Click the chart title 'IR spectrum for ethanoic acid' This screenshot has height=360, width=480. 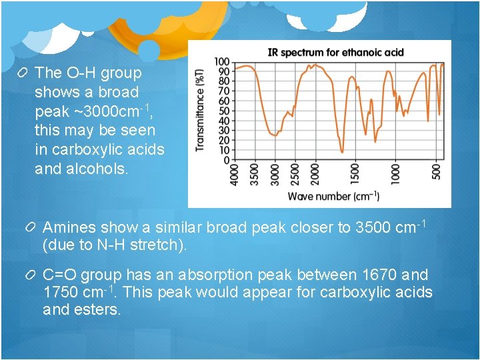click(335, 52)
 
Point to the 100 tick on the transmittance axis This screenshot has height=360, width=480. click(222, 62)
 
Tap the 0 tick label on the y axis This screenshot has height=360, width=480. click(227, 160)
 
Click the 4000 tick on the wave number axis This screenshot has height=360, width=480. click(235, 175)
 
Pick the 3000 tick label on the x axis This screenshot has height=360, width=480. click(275, 175)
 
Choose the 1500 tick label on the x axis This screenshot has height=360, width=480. click(355, 175)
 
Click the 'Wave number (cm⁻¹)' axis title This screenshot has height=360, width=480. click(333, 196)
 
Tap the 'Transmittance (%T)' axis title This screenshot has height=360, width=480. click(200, 109)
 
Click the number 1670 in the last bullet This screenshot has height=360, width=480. click(379, 275)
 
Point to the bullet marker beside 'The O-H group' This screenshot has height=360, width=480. click(23, 73)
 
